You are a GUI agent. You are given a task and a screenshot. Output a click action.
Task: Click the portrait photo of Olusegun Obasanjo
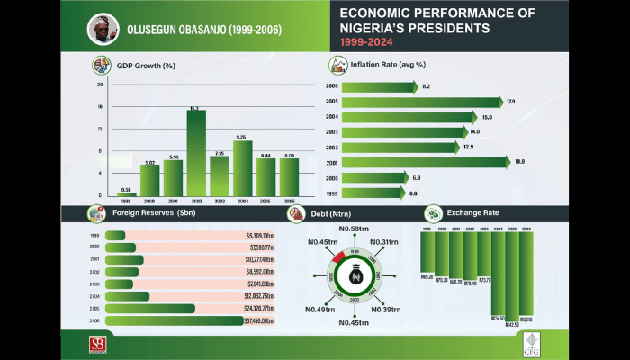[103, 29]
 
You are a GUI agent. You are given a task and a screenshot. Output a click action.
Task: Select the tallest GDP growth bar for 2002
[196, 153]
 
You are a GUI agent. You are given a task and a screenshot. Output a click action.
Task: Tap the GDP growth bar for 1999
[126, 193]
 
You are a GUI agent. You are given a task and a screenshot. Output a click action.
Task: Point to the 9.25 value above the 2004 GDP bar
[241, 137]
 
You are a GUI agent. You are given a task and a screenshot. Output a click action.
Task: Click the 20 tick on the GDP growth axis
[100, 84]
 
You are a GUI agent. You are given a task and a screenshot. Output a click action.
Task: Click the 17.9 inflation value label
[511, 102]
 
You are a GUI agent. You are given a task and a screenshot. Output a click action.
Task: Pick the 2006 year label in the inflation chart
[332, 86]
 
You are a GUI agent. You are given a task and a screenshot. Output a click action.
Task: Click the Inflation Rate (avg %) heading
[388, 65]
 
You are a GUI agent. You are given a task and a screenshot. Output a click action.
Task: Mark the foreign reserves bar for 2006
[185, 319]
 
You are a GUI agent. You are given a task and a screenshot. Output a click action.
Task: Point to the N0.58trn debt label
[355, 229]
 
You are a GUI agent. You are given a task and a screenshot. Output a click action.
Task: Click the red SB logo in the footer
[96, 345]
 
